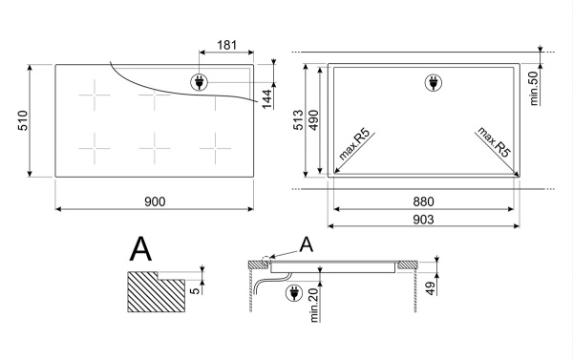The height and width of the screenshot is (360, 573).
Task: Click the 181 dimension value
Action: (227, 45)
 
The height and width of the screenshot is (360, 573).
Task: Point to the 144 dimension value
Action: (267, 98)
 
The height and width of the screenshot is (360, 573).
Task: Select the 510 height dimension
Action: (23, 120)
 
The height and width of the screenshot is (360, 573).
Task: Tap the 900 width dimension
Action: (155, 201)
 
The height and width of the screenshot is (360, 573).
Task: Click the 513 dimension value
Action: (298, 119)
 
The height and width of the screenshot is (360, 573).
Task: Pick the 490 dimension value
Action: (313, 119)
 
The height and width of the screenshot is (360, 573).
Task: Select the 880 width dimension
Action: (423, 201)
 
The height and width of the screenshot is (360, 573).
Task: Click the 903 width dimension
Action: (423, 220)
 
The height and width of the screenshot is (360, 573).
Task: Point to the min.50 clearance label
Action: (534, 89)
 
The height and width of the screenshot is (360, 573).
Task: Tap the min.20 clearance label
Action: (314, 305)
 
